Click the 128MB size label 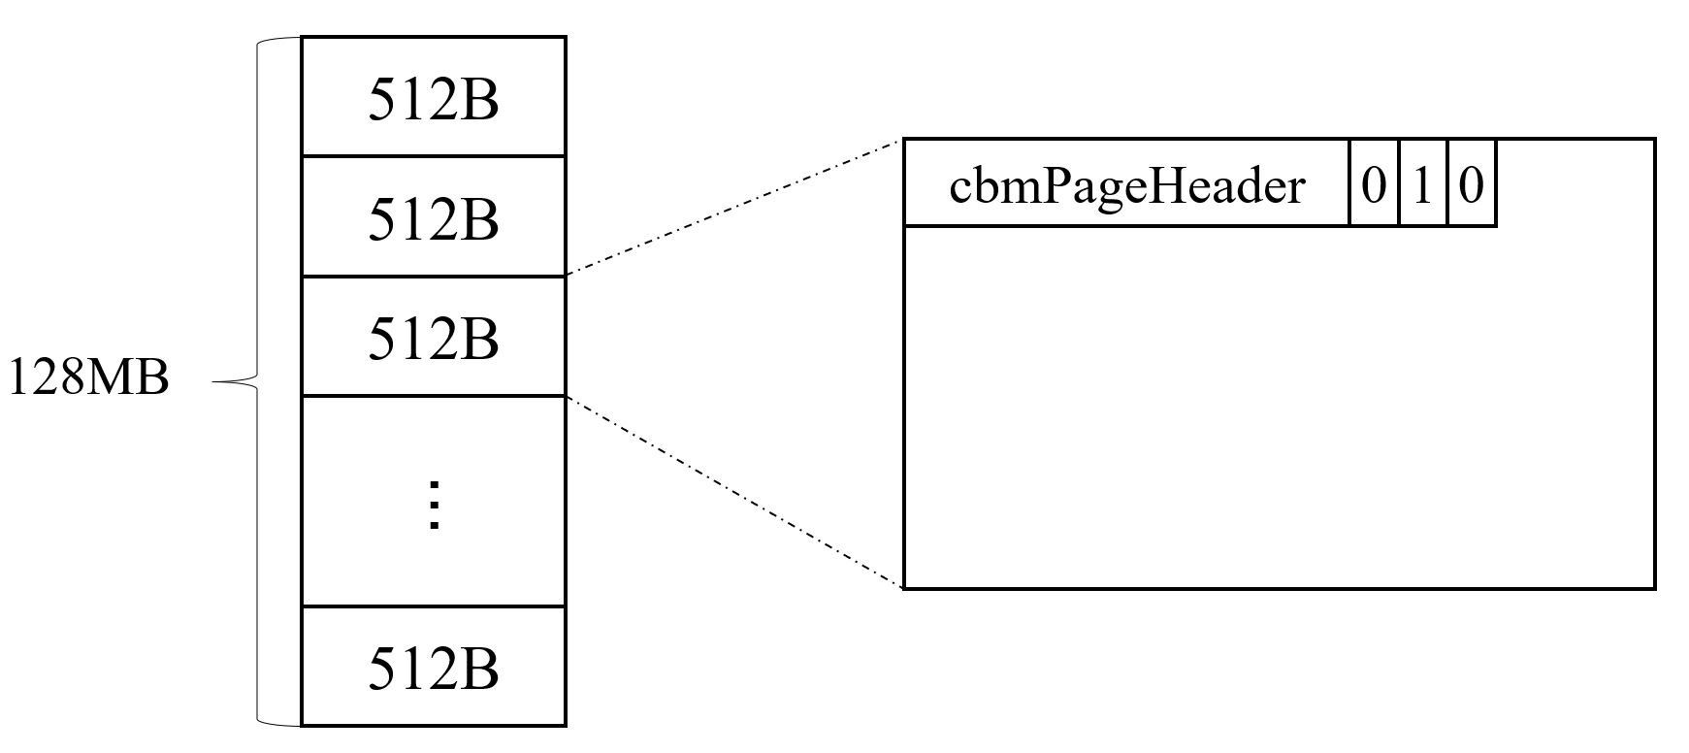[88, 378]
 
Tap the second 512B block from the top [434, 218]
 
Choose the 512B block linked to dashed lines [434, 338]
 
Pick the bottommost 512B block [434, 668]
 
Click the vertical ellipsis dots [434, 505]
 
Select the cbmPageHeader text [1126, 185]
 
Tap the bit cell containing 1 [1422, 184]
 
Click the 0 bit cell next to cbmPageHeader [1374, 184]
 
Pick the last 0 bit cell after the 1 [1471, 184]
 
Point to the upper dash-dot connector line [734, 209]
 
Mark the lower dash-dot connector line [734, 492]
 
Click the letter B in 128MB [150, 378]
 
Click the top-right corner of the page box [1653, 141]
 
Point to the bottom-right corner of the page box [1653, 587]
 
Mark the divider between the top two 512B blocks [434, 156]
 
